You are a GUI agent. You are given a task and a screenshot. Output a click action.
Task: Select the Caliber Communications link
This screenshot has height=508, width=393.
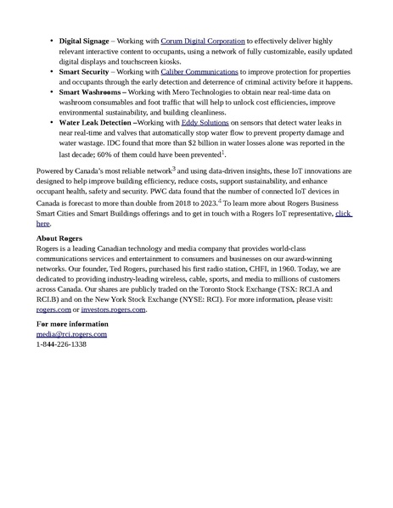coord(199,73)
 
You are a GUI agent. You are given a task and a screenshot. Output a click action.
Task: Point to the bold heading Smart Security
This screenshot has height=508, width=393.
coord(82,73)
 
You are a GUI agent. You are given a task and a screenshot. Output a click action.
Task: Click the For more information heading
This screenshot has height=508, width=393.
coord(72,325)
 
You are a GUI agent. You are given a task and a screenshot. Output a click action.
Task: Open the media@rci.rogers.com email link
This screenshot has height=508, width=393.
coord(71,334)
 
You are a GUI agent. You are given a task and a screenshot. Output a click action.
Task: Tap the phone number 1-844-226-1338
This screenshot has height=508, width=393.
coord(61,344)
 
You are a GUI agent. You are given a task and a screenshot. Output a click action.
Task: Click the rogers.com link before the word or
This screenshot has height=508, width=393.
coord(53,310)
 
